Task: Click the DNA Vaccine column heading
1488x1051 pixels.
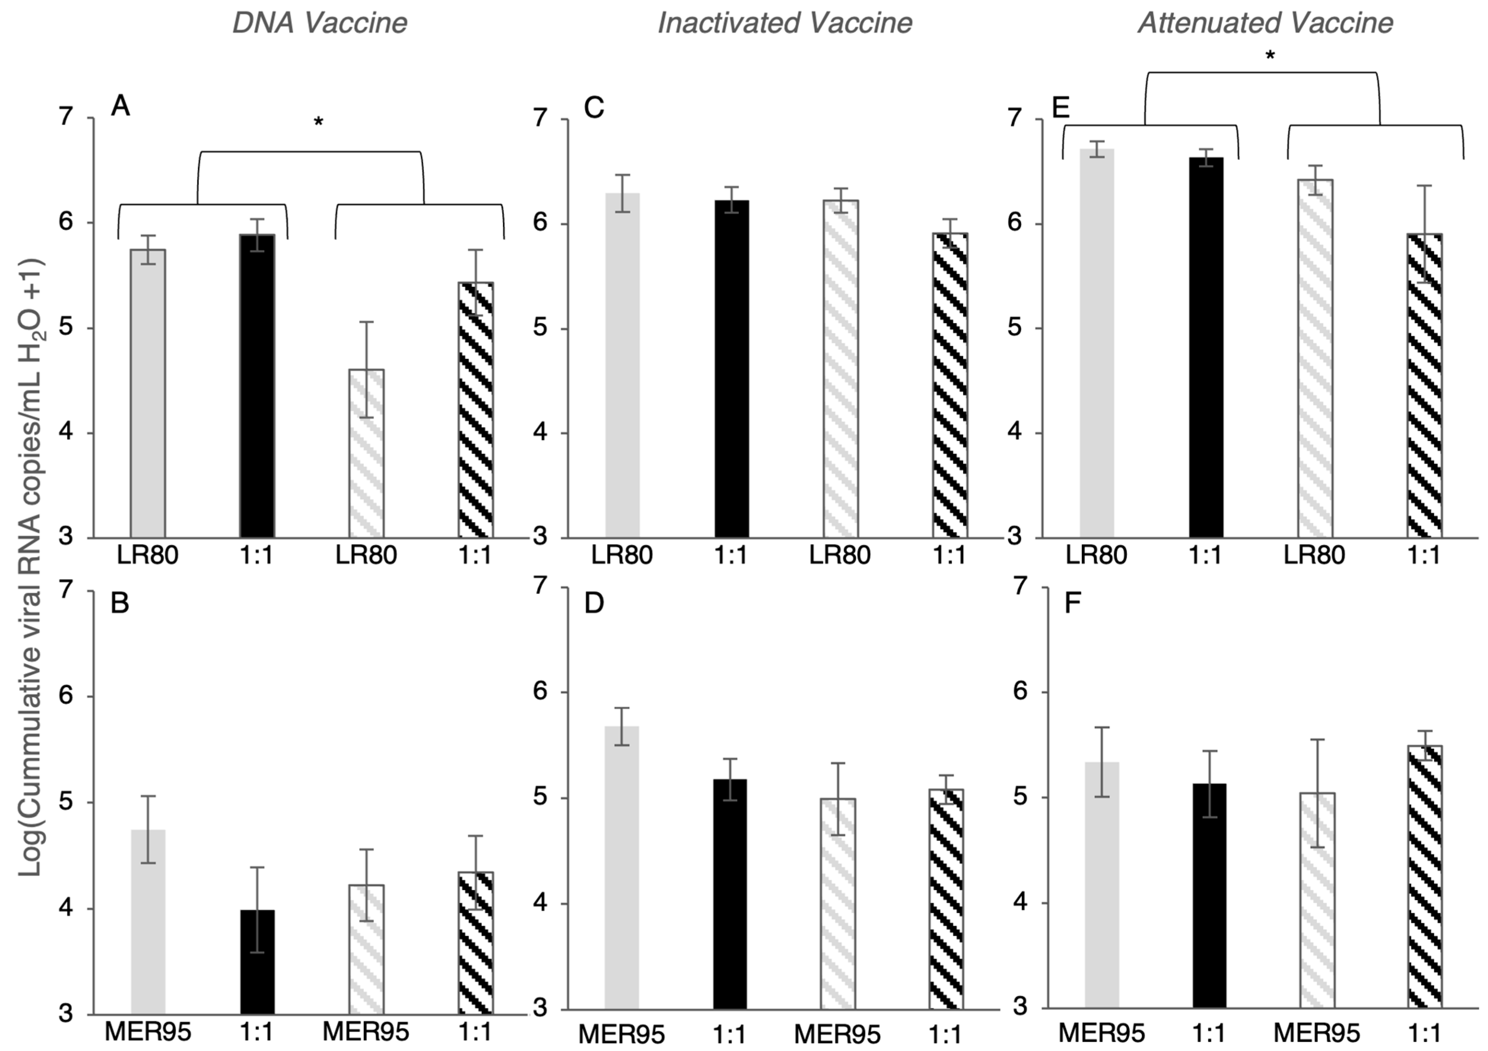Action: [319, 23]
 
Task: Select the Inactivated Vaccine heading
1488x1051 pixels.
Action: [785, 23]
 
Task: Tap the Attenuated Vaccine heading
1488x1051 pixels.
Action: [1265, 23]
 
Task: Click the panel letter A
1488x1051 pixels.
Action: [121, 106]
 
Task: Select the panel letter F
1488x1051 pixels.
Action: [1073, 603]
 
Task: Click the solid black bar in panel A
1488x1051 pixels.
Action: [257, 386]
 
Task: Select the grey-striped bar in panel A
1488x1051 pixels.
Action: [367, 454]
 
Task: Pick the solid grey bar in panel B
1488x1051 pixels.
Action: [148, 920]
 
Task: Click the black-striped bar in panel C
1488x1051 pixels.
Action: [950, 386]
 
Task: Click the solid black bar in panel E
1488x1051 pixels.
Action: [1206, 347]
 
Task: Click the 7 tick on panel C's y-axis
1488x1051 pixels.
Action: [540, 119]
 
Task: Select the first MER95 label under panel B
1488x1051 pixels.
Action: [148, 1031]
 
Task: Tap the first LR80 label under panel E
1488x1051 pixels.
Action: [1097, 555]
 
